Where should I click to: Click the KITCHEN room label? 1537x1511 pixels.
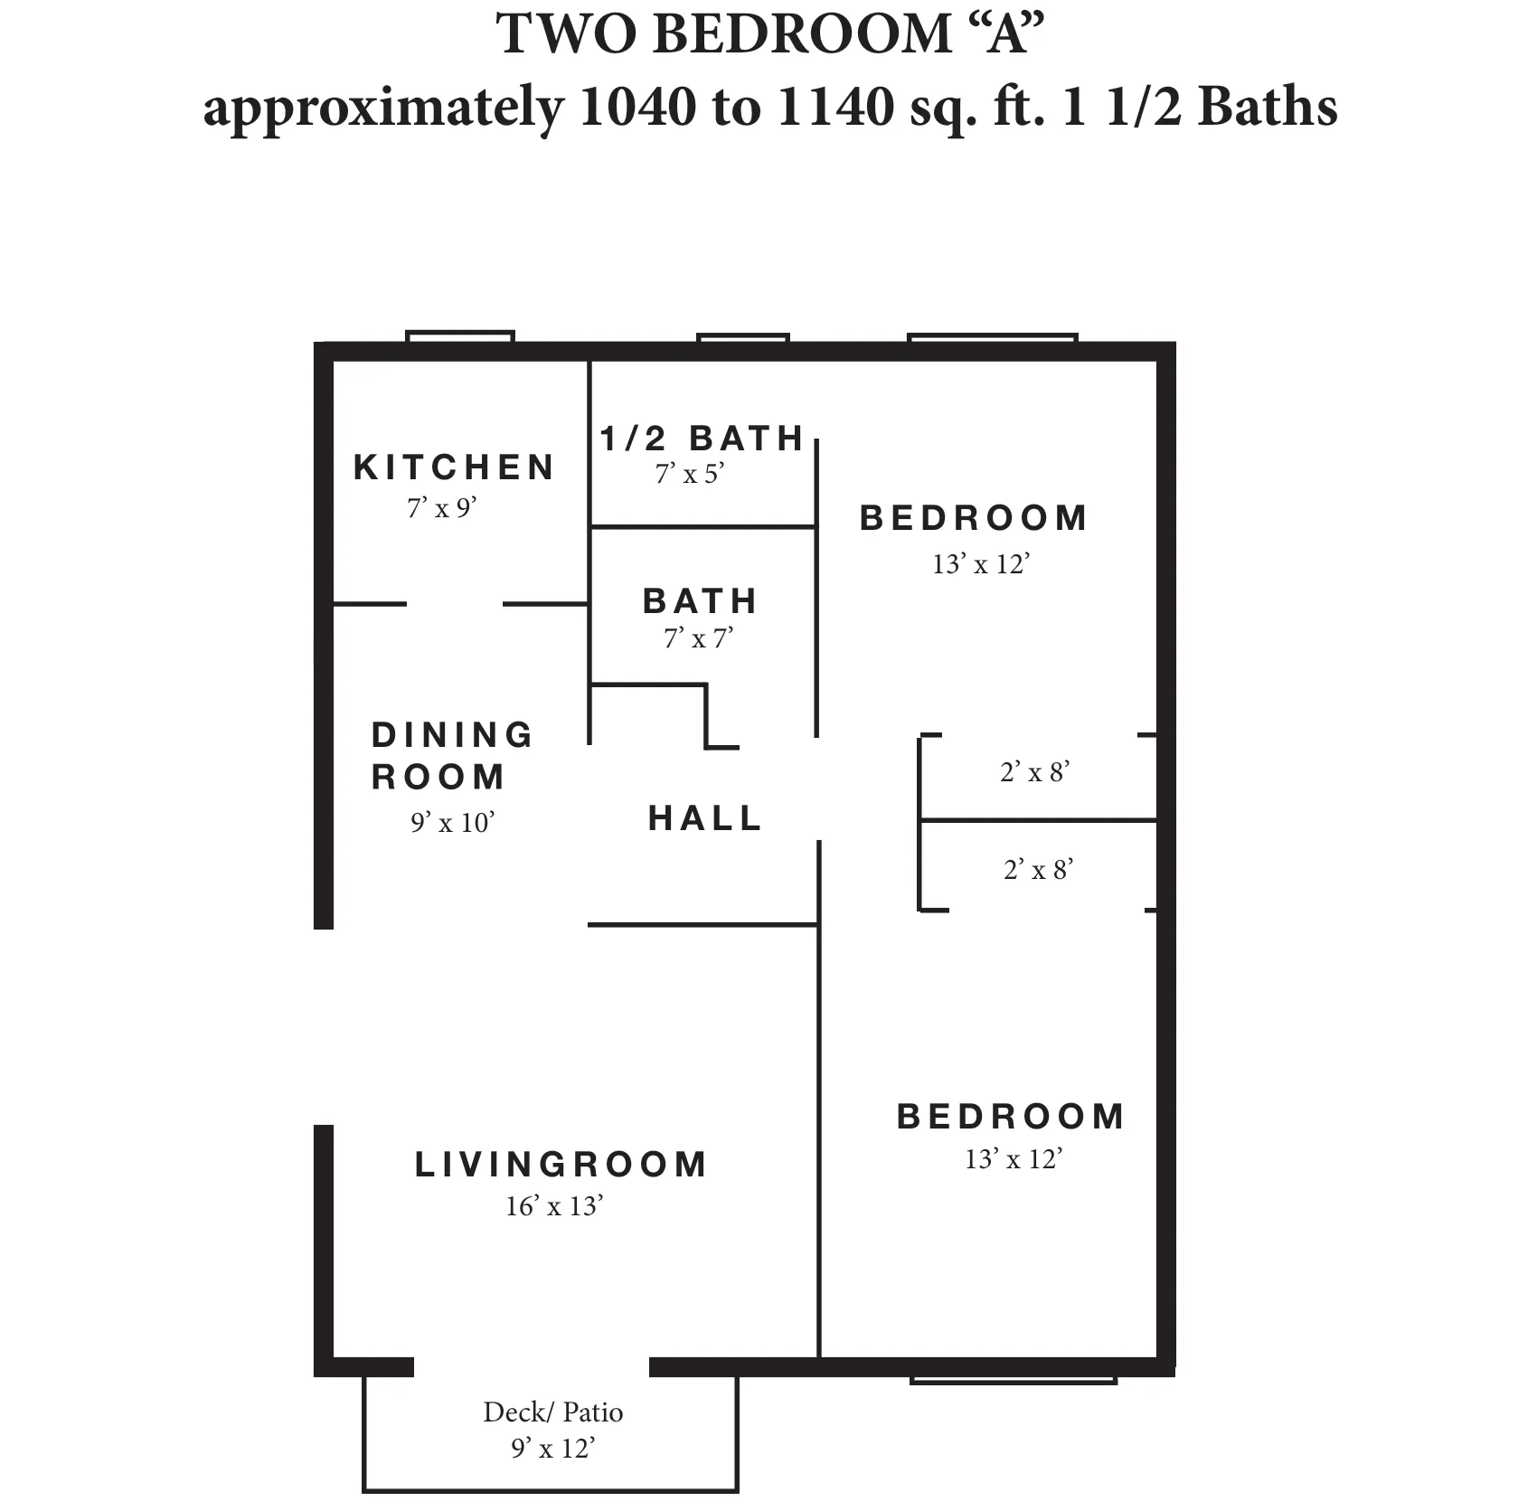click(x=454, y=467)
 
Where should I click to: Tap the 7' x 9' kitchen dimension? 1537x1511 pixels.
click(x=441, y=508)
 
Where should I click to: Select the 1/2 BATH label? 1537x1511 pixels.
click(x=702, y=439)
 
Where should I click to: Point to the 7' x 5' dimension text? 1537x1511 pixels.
click(x=690, y=474)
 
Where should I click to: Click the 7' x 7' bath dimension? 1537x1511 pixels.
click(x=698, y=639)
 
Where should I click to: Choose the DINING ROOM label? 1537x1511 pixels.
click(x=451, y=755)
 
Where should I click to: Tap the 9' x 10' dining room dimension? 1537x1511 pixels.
click(x=452, y=823)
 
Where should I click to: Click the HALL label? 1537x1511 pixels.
click(x=705, y=818)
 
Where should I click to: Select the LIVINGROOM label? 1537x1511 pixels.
click(x=561, y=1165)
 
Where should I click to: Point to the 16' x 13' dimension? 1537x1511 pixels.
click(x=553, y=1206)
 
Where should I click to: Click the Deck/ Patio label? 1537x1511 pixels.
click(x=552, y=1412)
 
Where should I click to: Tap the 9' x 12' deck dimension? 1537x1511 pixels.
click(x=552, y=1449)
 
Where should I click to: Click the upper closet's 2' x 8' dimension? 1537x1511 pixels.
click(x=1035, y=772)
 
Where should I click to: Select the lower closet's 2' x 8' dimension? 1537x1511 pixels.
click(x=1038, y=870)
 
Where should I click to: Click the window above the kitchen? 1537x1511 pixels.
click(x=460, y=337)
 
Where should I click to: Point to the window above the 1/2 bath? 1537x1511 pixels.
click(x=742, y=338)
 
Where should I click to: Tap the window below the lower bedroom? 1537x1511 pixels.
click(x=1013, y=1380)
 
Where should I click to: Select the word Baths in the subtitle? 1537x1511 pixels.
click(x=1267, y=107)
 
